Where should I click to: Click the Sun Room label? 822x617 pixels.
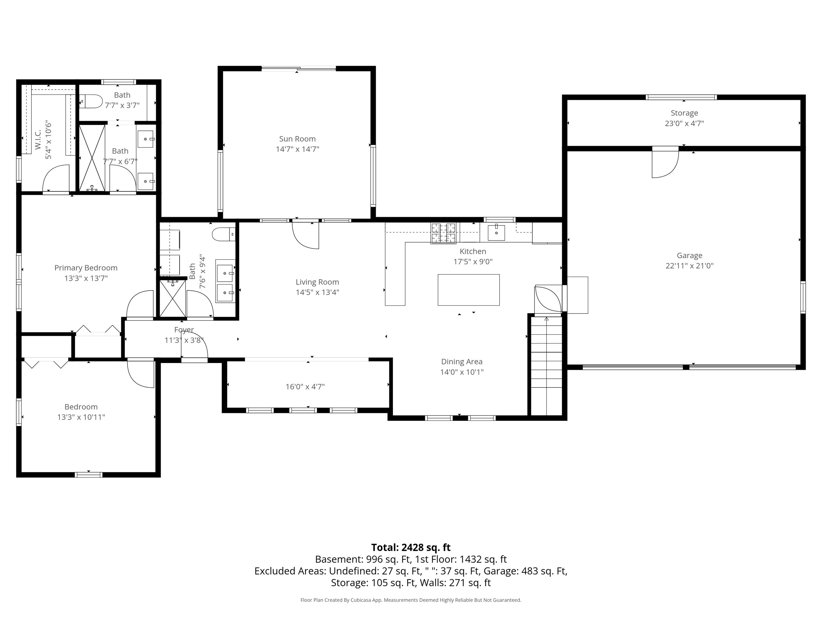tap(297, 139)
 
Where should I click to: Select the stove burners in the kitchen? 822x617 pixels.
tap(443, 233)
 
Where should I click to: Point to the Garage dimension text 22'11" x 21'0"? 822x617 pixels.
tap(690, 266)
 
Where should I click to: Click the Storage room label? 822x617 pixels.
tap(684, 113)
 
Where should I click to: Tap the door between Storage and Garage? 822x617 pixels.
tap(665, 162)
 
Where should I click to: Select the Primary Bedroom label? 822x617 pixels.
tap(86, 268)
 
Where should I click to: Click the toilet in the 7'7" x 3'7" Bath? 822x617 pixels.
tap(91, 101)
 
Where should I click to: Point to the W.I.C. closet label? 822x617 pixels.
tap(37, 140)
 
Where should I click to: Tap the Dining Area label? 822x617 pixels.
tap(462, 362)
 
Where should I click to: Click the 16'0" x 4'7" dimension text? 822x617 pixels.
tap(305, 386)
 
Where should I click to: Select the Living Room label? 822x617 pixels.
tap(317, 282)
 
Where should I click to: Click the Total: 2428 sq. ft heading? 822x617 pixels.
tap(411, 548)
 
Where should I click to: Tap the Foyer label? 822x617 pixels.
tap(184, 329)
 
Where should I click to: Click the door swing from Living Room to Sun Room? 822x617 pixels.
tap(305, 235)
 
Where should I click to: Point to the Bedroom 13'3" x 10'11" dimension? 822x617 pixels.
tap(81, 417)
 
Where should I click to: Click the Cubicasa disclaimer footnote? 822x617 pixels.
tap(411, 600)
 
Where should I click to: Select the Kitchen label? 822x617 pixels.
tap(473, 251)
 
